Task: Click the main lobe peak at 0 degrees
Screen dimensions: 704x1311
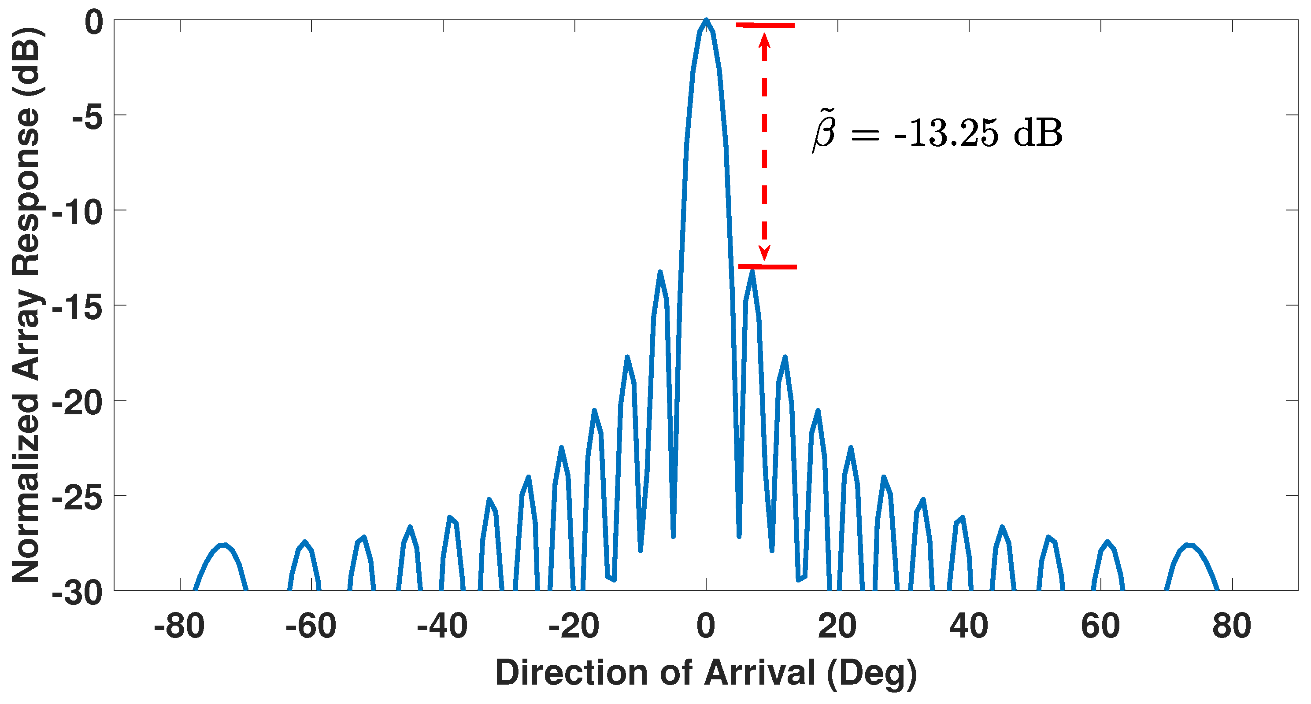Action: pos(706,20)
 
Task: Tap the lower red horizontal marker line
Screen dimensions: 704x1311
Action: pos(767,266)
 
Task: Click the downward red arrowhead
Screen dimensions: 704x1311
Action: pos(764,253)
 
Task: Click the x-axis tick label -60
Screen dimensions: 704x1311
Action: pos(311,626)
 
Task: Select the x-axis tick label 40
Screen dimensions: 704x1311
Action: pos(968,626)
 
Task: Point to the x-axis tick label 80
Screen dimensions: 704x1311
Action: pos(1232,626)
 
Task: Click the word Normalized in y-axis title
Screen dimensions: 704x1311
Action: pos(26,488)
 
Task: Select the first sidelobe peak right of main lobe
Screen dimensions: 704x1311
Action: pos(752,273)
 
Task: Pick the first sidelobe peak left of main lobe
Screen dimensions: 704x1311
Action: pos(660,273)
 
